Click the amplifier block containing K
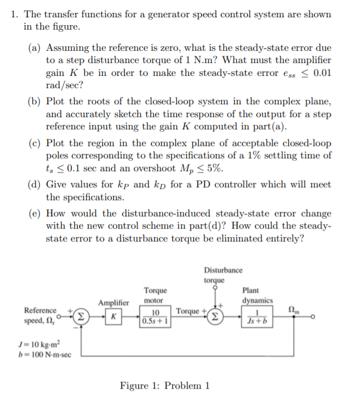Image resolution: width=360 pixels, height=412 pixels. click(x=113, y=317)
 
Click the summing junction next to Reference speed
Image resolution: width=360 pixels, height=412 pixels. click(x=81, y=317)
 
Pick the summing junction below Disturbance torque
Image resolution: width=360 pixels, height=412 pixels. click(x=215, y=317)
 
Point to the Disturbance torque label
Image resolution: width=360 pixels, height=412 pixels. click(x=223, y=275)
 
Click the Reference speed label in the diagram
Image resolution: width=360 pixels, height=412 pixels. click(x=40, y=316)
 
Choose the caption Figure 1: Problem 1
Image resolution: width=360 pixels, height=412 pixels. click(x=165, y=385)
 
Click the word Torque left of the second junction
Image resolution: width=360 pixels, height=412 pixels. click(x=188, y=311)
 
